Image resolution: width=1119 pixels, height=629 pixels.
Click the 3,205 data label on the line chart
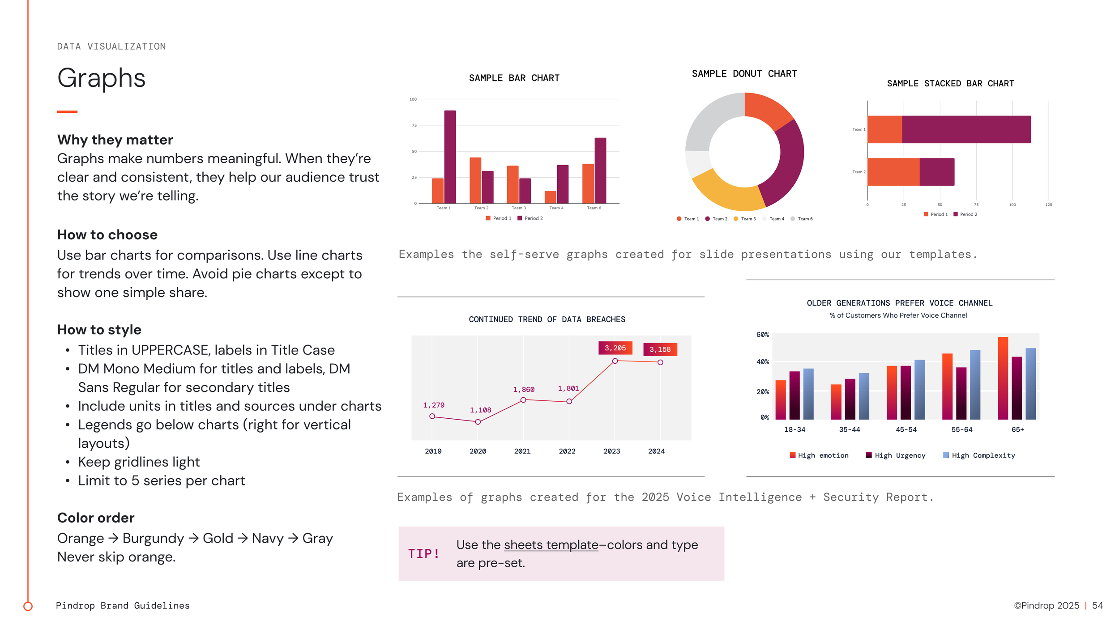tap(615, 348)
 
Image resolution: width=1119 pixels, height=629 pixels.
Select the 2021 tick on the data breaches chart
tap(522, 451)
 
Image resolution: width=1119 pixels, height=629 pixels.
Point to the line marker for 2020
tap(478, 422)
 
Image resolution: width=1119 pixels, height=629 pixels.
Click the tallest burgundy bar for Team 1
tap(450, 157)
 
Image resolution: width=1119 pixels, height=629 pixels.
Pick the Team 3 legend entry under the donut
tap(745, 219)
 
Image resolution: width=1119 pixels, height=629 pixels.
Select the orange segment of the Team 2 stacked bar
tap(893, 172)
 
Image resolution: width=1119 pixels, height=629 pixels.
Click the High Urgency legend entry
tap(896, 455)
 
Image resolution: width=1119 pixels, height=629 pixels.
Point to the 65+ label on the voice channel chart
tap(1017, 429)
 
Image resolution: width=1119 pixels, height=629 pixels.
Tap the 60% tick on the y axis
tap(762, 335)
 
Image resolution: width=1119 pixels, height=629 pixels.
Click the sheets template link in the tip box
tap(551, 545)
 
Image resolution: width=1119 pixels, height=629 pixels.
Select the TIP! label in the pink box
tap(423, 554)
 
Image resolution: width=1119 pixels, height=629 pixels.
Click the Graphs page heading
tap(102, 78)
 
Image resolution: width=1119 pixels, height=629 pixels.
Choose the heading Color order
tap(96, 518)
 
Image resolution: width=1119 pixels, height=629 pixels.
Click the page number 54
tap(1097, 605)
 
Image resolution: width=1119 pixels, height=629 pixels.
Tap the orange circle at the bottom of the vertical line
tap(28, 606)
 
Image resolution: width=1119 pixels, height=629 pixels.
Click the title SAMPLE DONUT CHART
tap(744, 74)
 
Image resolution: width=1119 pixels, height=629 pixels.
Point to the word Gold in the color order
tap(218, 538)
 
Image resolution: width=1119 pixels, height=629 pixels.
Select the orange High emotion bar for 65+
tap(1003, 378)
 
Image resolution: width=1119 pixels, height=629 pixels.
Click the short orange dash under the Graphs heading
tap(67, 111)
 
